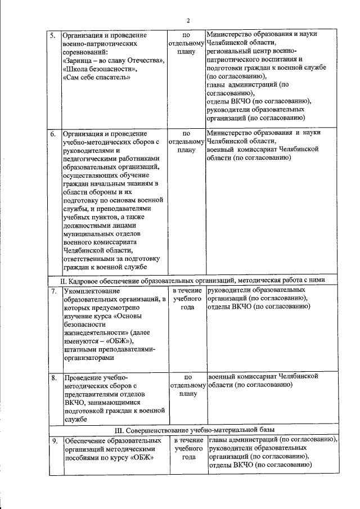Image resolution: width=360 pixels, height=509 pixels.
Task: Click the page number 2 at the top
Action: click(x=188, y=21)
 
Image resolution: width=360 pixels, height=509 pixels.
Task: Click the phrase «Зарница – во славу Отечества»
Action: click(x=114, y=60)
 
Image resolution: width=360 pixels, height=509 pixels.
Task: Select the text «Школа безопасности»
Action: click(x=98, y=69)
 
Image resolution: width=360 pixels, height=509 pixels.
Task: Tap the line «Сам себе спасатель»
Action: click(x=96, y=77)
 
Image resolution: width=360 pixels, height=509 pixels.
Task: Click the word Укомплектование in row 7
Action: click(x=92, y=291)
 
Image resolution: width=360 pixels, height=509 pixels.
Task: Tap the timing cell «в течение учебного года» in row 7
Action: click(x=188, y=299)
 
